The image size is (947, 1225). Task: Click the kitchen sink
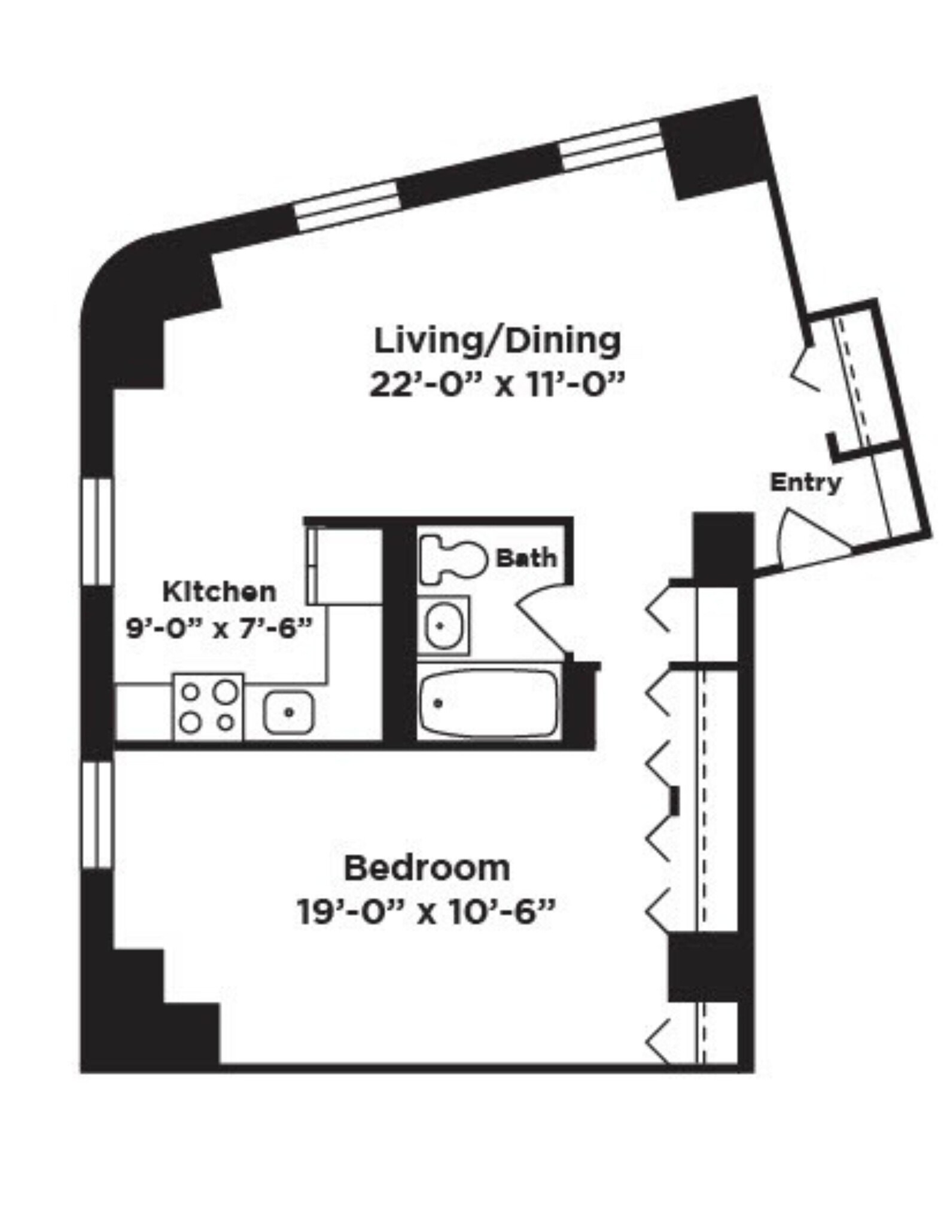pos(289,712)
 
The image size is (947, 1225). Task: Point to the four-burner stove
pos(208,708)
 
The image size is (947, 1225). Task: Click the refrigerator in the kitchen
pos(345,565)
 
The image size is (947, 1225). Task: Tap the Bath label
pos(526,559)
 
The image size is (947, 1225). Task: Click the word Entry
pos(805,482)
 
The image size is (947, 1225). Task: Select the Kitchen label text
pos(220,592)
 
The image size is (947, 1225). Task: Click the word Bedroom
pos(427,869)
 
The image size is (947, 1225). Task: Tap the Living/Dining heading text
pos(497,341)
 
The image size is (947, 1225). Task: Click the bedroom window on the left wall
pos(97,815)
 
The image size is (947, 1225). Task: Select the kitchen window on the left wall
pos(97,530)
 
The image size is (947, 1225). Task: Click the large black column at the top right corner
pos(715,150)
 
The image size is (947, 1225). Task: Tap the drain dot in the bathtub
pos(438,703)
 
